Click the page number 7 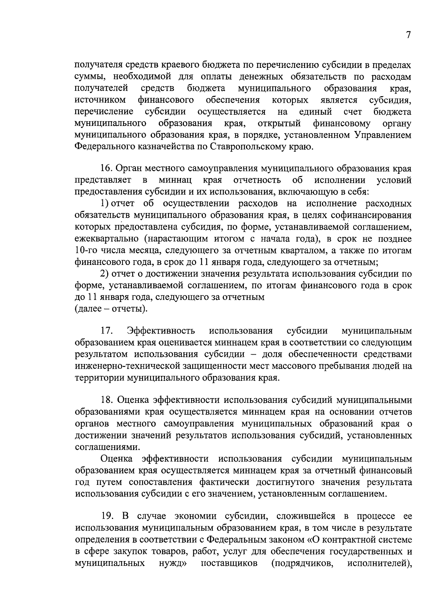(408, 35)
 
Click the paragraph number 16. (106, 169)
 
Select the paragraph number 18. (106, 400)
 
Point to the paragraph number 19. (106, 516)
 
